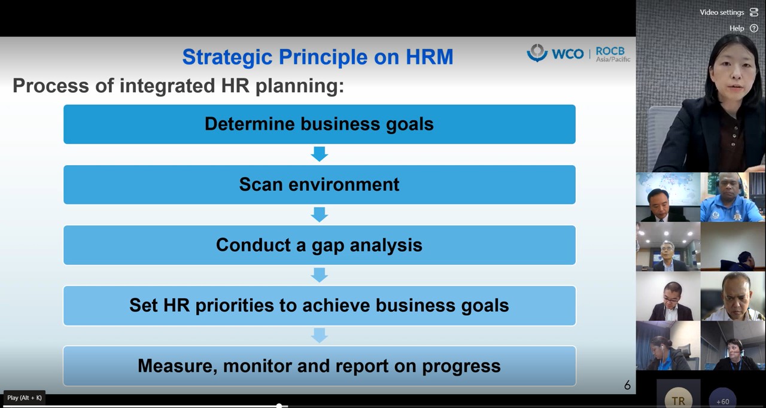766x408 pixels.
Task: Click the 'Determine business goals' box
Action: pos(320,124)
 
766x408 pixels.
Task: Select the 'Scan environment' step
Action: pos(320,184)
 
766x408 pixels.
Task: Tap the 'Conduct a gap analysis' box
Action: pos(320,245)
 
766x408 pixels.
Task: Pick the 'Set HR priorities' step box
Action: pos(320,306)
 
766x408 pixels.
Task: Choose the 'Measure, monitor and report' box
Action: pos(320,366)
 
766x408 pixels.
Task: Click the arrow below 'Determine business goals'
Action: pos(320,154)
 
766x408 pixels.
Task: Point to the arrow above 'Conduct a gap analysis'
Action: pos(320,215)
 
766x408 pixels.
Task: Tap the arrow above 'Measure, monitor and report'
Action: pos(320,336)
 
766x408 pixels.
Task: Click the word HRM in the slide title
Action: pos(430,57)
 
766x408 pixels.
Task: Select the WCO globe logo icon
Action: pos(537,53)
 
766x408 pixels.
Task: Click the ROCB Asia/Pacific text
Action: pos(613,54)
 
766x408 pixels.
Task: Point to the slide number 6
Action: pos(627,385)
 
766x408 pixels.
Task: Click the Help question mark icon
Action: pos(754,28)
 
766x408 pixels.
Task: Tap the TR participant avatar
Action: pos(678,398)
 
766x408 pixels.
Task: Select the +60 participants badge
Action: pos(722,398)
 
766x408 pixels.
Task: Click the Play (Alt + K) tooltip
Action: pos(25,398)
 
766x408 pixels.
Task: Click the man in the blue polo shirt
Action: pos(732,197)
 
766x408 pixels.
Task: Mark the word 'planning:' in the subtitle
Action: pos(300,86)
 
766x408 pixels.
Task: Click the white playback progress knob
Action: pos(279,406)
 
